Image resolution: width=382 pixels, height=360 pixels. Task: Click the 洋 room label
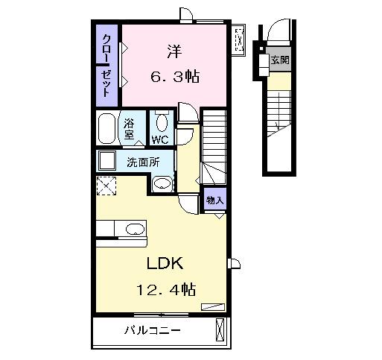click(x=174, y=51)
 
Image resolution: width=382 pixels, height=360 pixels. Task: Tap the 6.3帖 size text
click(x=176, y=75)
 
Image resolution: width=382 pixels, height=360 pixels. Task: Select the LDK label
click(x=164, y=264)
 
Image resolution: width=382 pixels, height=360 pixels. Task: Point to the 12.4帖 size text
click(x=166, y=288)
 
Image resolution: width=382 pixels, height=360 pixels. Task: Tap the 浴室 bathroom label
click(x=130, y=129)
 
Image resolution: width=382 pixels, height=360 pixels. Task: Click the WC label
click(x=160, y=139)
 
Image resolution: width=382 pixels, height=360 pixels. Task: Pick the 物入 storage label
click(x=214, y=201)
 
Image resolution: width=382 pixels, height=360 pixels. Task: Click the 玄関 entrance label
click(x=279, y=60)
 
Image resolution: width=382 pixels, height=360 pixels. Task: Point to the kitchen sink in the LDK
click(x=135, y=228)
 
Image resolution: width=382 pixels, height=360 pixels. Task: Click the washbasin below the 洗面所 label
click(x=162, y=183)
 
